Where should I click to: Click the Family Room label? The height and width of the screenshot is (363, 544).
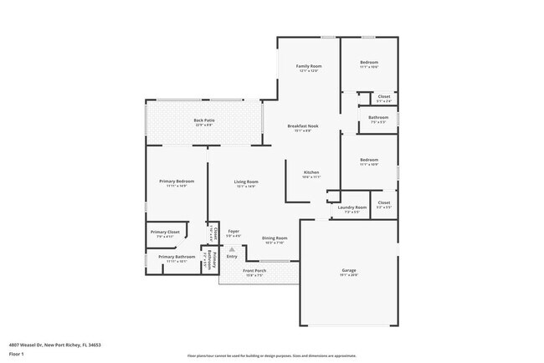click(x=310, y=66)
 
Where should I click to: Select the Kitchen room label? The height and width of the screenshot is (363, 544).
click(x=310, y=172)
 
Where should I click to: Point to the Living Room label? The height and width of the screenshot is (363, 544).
click(x=245, y=181)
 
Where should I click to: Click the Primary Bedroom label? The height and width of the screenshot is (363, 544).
click(x=177, y=181)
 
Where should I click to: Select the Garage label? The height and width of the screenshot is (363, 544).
click(x=349, y=270)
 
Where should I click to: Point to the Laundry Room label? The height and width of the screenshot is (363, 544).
click(x=352, y=207)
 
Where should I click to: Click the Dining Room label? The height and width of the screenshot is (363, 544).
click(x=275, y=238)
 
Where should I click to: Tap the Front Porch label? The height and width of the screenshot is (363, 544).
click(x=254, y=271)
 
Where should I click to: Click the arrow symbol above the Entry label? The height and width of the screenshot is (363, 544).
click(x=232, y=248)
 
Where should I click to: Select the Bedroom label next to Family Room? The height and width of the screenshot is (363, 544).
click(x=369, y=63)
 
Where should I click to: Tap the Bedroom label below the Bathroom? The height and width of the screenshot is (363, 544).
click(x=369, y=160)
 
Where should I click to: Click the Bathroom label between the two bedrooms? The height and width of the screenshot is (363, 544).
click(x=377, y=117)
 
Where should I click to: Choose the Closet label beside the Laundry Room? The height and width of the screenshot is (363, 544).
click(x=383, y=202)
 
